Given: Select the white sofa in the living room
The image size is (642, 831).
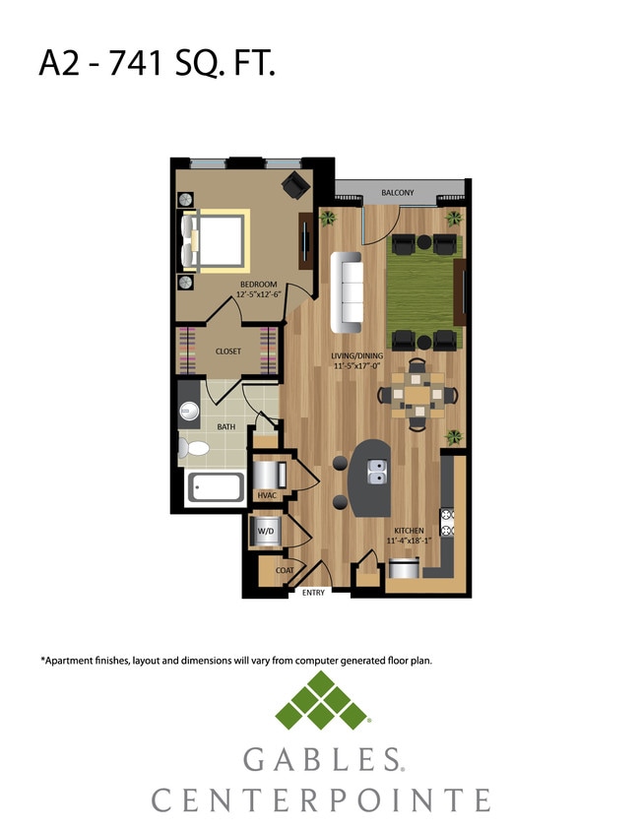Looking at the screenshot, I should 347,292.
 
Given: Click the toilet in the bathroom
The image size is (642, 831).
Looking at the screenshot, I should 194,450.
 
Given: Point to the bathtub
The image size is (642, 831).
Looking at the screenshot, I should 216,488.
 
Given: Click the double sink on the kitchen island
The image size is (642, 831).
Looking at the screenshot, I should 376,477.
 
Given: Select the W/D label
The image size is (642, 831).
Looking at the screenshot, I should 266,532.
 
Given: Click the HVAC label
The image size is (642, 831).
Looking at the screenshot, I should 266,495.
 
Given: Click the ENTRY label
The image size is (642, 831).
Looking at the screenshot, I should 313,593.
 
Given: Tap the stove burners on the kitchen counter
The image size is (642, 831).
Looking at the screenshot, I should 446,522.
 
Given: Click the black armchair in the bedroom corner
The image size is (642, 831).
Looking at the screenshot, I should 294,184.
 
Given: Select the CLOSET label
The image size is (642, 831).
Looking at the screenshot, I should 228,351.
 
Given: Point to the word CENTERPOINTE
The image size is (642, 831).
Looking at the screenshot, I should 321,799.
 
